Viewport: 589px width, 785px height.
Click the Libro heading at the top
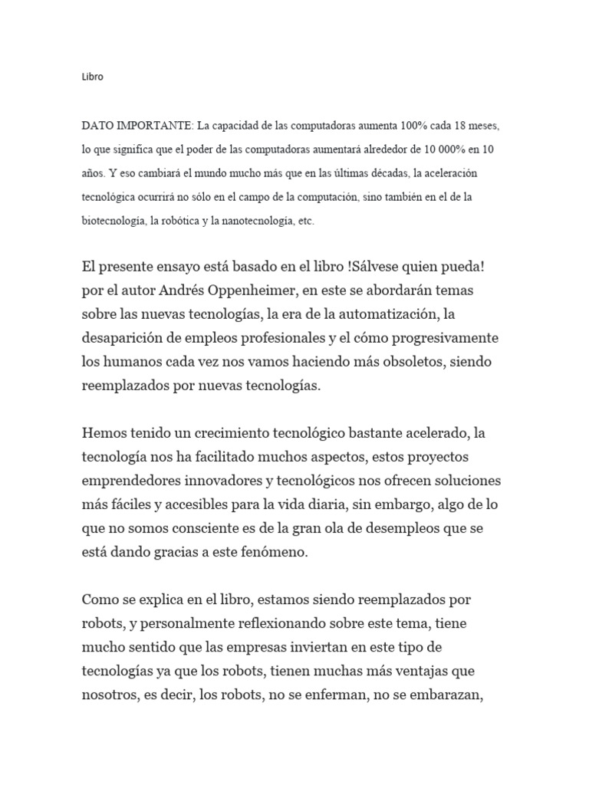click(x=92, y=77)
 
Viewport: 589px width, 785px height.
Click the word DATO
click(x=97, y=124)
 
